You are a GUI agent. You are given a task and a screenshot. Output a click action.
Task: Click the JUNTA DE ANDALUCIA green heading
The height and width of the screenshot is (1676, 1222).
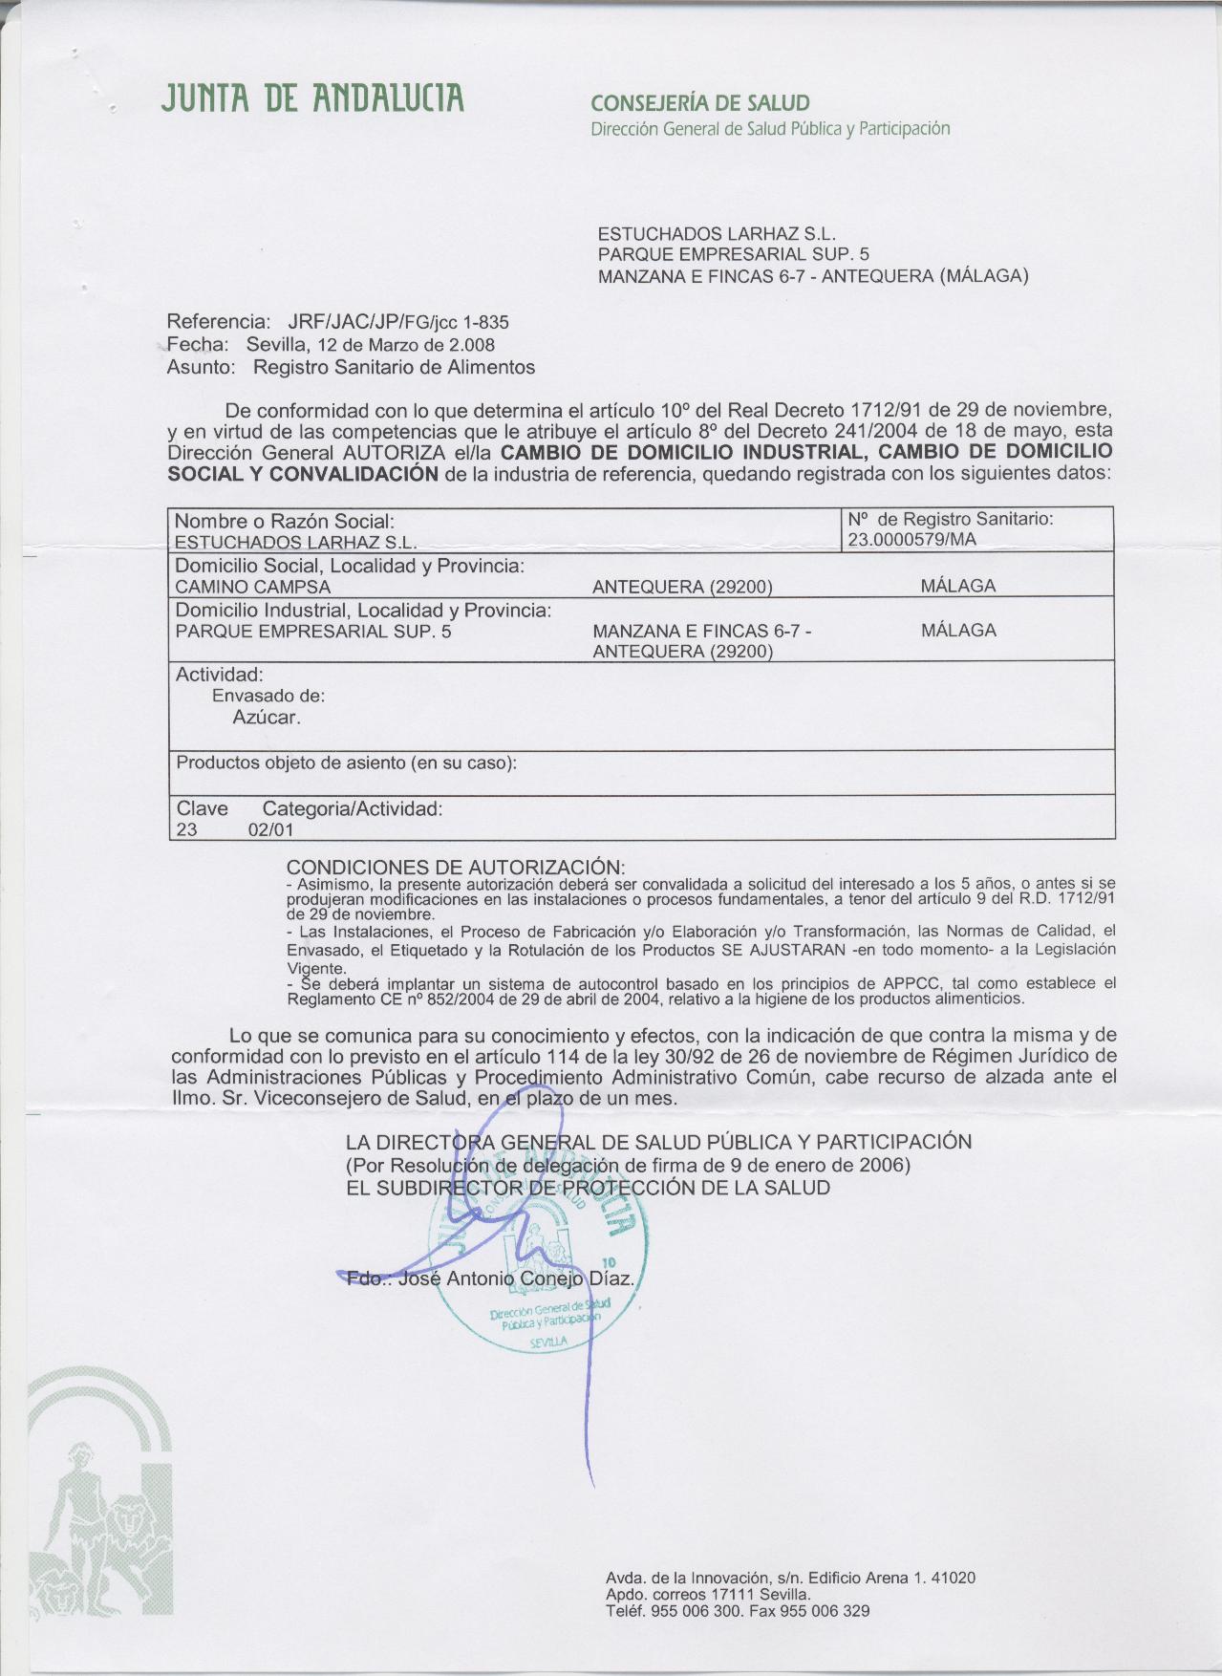pyautogui.click(x=314, y=98)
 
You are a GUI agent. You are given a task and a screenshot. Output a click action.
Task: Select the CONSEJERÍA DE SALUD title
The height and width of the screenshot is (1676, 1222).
pyautogui.click(x=700, y=103)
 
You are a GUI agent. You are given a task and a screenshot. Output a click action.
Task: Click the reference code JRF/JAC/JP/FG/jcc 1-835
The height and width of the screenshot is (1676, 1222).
pyautogui.click(x=398, y=322)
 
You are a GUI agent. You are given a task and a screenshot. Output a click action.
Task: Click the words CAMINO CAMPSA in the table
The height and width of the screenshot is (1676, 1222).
pyautogui.click(x=253, y=587)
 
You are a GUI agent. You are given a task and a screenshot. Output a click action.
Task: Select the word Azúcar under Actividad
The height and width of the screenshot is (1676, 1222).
pyautogui.click(x=267, y=717)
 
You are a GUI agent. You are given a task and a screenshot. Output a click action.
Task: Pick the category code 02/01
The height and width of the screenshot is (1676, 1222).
pyautogui.click(x=270, y=829)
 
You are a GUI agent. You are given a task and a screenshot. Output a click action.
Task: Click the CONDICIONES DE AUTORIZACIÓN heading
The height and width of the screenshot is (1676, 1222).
pyautogui.click(x=456, y=868)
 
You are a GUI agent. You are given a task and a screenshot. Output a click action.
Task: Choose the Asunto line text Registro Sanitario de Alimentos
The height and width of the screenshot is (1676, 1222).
pyautogui.click(x=394, y=367)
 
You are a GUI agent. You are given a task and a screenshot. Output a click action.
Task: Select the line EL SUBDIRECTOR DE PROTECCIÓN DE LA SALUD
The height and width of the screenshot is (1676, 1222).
pyautogui.click(x=588, y=1188)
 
